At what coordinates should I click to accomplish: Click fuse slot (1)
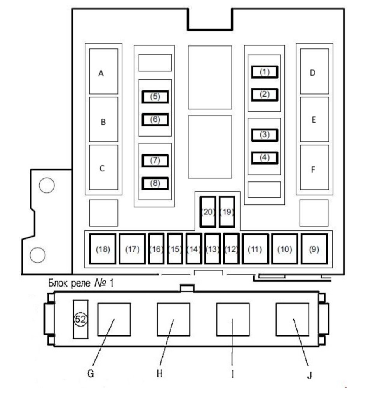[x=265, y=72]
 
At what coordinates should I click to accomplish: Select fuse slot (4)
[x=265, y=158]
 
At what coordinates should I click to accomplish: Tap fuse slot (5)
[x=155, y=97]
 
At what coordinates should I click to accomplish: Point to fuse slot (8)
[x=155, y=183]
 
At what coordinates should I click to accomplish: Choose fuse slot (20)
[x=208, y=212]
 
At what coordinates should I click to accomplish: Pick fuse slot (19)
[x=227, y=212]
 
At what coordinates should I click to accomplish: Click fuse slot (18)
[x=103, y=249]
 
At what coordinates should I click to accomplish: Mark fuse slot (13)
[x=213, y=249]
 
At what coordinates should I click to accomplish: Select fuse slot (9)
[x=314, y=249]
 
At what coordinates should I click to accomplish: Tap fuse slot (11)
[x=255, y=249]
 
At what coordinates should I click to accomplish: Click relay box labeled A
[x=103, y=71]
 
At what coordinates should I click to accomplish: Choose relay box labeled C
[x=103, y=167]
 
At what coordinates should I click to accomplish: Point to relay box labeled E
[x=314, y=119]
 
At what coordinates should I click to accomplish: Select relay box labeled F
[x=314, y=167]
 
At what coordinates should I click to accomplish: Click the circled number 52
[x=80, y=319]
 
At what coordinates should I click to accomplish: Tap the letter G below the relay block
[x=91, y=373]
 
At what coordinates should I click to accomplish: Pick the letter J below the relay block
[x=310, y=375]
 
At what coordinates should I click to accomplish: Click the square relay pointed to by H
[x=173, y=320]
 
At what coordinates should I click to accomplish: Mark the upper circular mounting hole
[x=47, y=185]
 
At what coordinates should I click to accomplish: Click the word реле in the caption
[x=81, y=283]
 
